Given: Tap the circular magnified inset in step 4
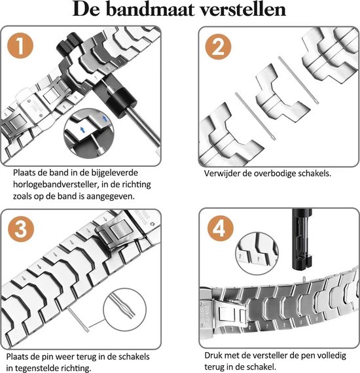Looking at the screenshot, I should [x=259, y=252].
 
